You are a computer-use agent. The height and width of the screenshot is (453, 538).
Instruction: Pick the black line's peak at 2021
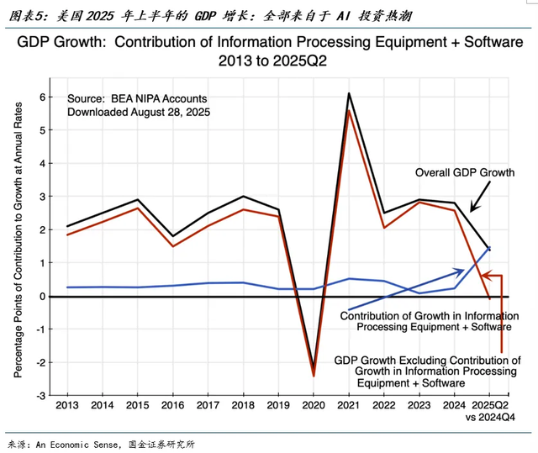[348, 93]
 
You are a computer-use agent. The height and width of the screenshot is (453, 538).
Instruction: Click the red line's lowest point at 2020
[313, 376]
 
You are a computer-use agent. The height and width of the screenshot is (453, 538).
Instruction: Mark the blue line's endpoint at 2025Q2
[489, 247]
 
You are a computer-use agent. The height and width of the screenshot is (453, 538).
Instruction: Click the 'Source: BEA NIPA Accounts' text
[136, 98]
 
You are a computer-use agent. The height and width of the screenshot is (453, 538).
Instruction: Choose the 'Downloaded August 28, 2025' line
[139, 111]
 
